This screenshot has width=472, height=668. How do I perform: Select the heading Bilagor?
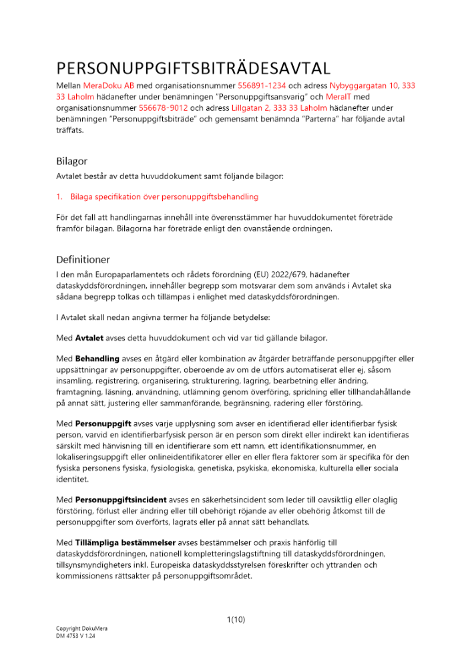71,161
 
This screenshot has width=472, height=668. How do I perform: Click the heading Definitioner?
83,259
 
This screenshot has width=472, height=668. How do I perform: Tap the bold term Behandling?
96,359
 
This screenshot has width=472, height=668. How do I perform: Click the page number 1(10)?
236,619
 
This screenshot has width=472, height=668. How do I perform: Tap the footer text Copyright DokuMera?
81,629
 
